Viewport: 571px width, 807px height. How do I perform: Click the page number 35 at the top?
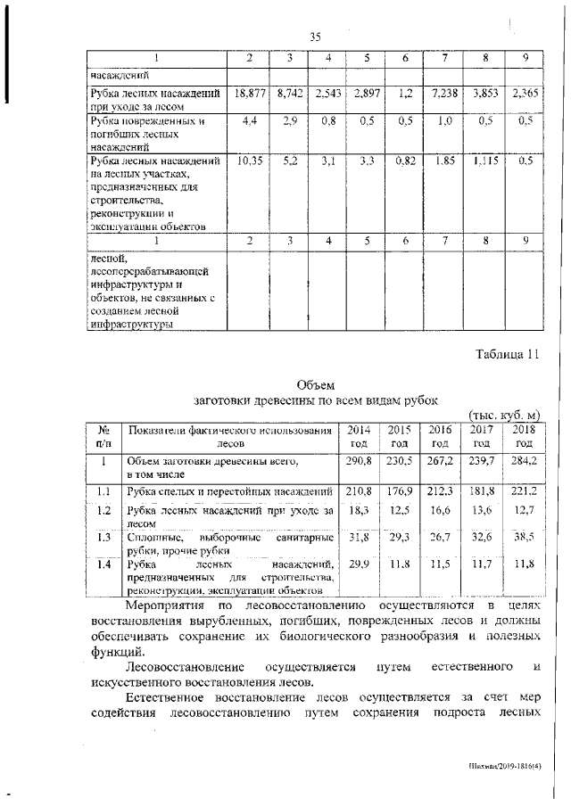point(315,37)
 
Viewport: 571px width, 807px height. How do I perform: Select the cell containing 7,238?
point(443,92)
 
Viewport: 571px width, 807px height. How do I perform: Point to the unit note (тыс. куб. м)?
point(505,415)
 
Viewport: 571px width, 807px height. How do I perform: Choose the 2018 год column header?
point(523,435)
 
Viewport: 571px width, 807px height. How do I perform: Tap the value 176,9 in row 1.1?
point(399,491)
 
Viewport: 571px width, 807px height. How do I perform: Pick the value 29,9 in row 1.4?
point(357,564)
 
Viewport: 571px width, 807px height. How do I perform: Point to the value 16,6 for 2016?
point(440,511)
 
